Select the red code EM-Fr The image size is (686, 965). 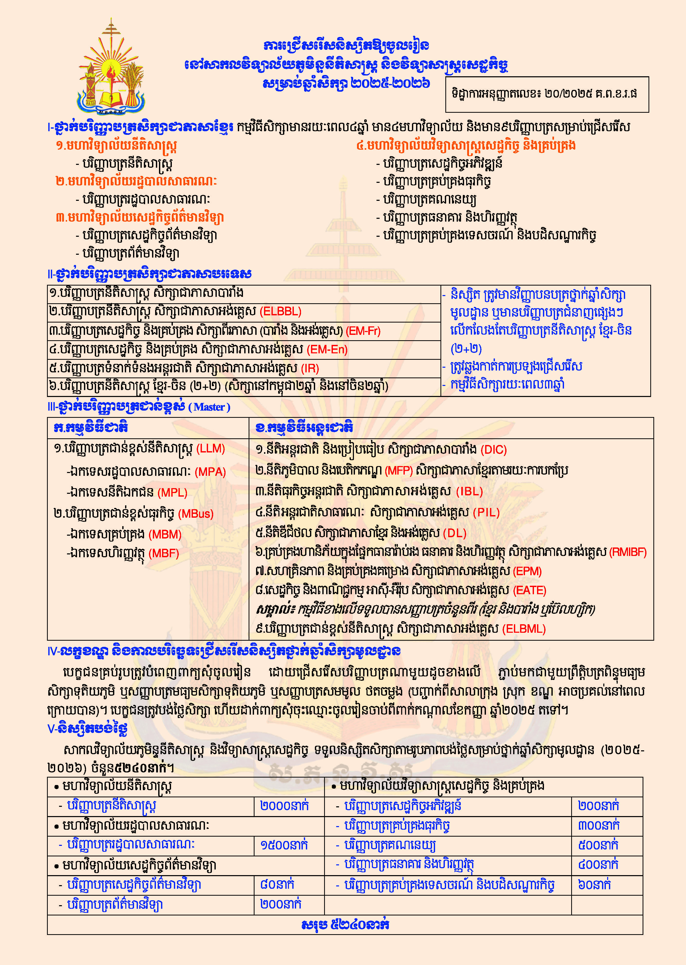pyautogui.click(x=363, y=331)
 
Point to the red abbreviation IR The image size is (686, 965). pyautogui.click(x=310, y=368)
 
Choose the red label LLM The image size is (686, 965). pyautogui.click(x=211, y=449)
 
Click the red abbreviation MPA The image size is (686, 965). pyautogui.click(x=210, y=472)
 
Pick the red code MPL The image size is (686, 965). pyautogui.click(x=172, y=493)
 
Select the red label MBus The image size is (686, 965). pyautogui.click(x=196, y=514)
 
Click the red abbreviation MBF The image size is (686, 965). pyautogui.click(x=164, y=553)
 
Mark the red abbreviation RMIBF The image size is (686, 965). pyautogui.click(x=628, y=552)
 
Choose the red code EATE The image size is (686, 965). pyautogui.click(x=530, y=590)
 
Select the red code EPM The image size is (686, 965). pyautogui.click(x=527, y=571)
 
